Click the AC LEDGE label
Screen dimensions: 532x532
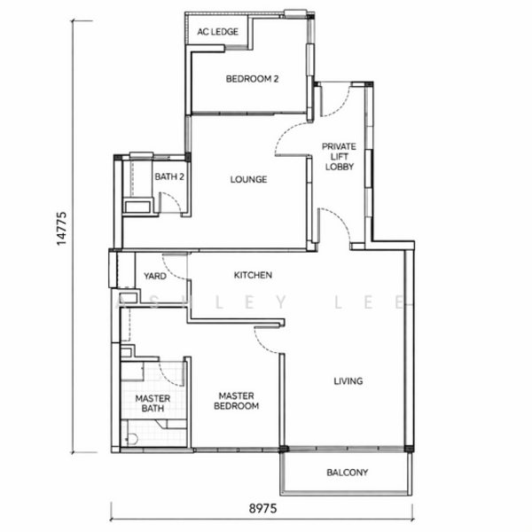[218, 32]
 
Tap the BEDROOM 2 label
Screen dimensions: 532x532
[252, 79]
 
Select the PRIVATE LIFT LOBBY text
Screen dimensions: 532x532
[339, 156]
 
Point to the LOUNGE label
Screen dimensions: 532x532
[248, 179]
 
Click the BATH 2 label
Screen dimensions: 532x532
[169, 176]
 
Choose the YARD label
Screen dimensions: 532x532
[155, 276]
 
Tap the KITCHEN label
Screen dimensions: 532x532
[253, 275]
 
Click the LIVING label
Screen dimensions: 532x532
[348, 381]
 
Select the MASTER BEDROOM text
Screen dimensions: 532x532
[237, 401]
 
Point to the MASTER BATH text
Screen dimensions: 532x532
[153, 403]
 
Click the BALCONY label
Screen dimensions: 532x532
[347, 473]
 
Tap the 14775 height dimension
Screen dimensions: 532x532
[61, 229]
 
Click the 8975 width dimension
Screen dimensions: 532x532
[263, 509]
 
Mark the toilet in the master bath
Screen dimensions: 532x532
[131, 439]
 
